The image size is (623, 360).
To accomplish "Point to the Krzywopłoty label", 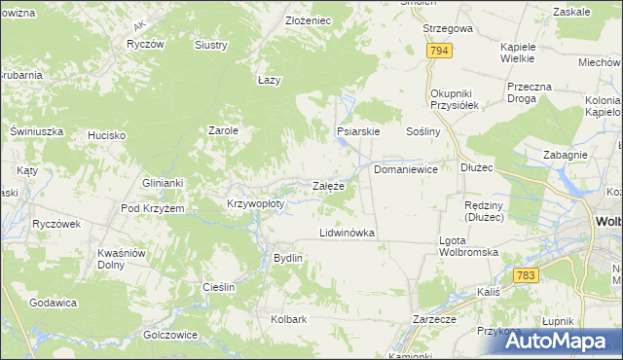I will click(x=255, y=204).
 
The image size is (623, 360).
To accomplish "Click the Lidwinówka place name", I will click(x=348, y=234).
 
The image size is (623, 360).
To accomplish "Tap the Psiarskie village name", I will click(x=357, y=130).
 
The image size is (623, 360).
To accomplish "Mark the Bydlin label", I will click(x=288, y=258).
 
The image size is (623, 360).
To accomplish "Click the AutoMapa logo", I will click(x=558, y=340).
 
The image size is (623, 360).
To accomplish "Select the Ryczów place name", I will click(x=144, y=45).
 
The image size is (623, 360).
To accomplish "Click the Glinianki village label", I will click(x=163, y=182).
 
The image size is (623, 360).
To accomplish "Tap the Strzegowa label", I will click(x=447, y=28).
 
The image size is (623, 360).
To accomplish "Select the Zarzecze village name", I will click(x=434, y=319).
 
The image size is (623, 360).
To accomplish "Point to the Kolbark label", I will click(x=289, y=319).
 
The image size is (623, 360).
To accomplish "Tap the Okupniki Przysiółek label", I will click(x=456, y=100).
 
